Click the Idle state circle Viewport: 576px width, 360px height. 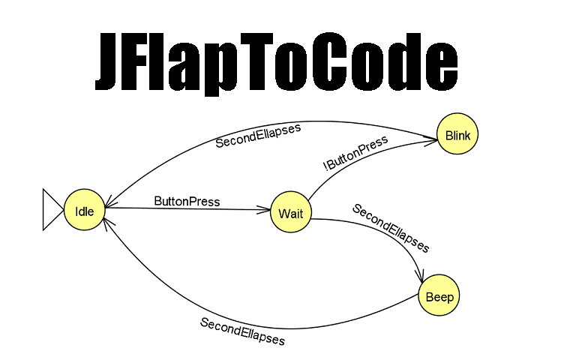[84, 211]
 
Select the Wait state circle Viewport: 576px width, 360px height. [290, 213]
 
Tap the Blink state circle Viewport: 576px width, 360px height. [457, 135]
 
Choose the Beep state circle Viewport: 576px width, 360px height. [439, 297]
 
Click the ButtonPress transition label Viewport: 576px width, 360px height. [187, 201]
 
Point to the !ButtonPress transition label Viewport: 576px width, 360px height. [355, 154]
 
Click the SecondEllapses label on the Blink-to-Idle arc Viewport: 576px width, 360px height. [258, 136]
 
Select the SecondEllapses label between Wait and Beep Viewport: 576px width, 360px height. [391, 228]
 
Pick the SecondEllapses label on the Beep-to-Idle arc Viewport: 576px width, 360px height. [242, 331]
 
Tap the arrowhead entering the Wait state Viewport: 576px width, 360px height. [264, 211]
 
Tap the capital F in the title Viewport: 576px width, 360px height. [150, 61]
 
